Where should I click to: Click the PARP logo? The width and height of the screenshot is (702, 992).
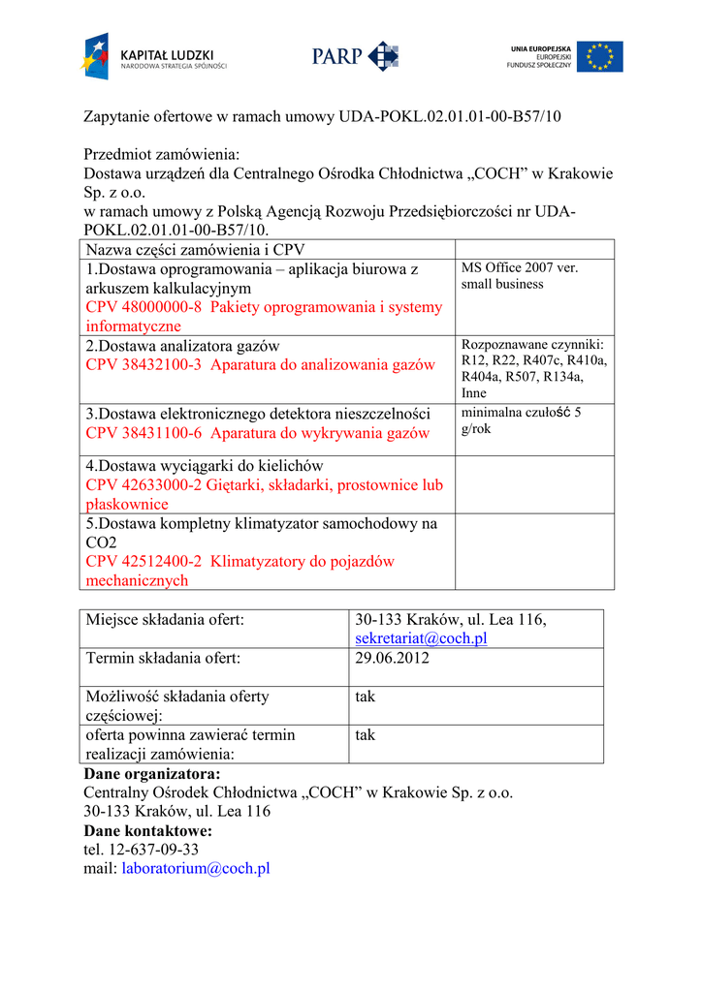point(354,56)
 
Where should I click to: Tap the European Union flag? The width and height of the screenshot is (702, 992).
point(599,56)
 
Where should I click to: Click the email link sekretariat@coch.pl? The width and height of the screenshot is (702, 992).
point(421,638)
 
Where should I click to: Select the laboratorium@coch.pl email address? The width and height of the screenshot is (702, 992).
point(195,868)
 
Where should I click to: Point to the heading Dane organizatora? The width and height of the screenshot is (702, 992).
point(152,773)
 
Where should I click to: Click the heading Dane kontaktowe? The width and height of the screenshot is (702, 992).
point(147,830)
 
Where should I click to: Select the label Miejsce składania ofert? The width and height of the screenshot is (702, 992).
point(165,619)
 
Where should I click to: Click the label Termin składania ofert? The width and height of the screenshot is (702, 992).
point(163,658)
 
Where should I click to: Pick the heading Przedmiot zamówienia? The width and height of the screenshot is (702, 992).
point(161,154)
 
